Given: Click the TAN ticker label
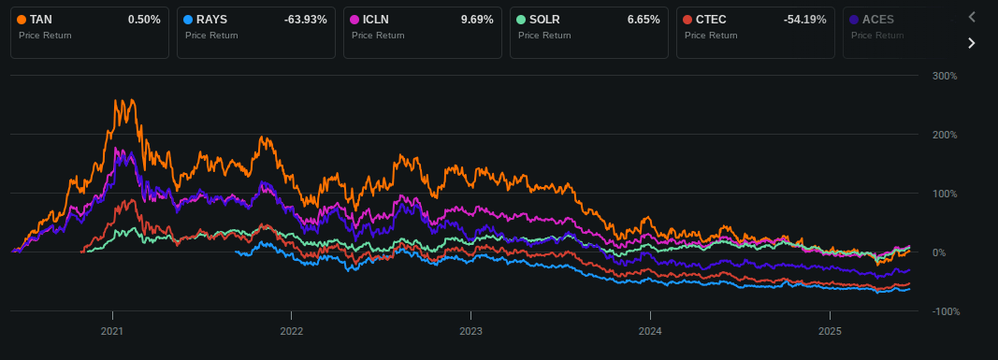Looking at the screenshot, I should pyautogui.click(x=40, y=20).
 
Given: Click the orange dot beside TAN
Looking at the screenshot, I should pyautogui.click(x=22, y=20).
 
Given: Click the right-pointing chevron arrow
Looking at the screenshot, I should pyautogui.click(x=972, y=43).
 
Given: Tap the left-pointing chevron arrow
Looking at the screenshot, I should pyautogui.click(x=972, y=17).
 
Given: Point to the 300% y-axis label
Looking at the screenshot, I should pyautogui.click(x=945, y=76).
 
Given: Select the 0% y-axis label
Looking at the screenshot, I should pyautogui.click(x=939, y=252).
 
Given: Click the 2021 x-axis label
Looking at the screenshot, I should pyautogui.click(x=112, y=331).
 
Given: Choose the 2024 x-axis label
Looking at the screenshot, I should pyautogui.click(x=650, y=331).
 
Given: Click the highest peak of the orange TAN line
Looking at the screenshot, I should pyautogui.click(x=116, y=100).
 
